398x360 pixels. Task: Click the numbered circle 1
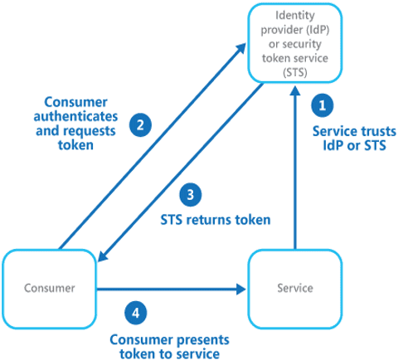(323, 105)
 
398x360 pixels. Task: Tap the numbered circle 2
(140, 125)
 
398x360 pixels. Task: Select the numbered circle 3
(191, 195)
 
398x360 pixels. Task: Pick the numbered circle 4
(135, 314)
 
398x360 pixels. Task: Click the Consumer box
(50, 289)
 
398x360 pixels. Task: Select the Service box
(295, 289)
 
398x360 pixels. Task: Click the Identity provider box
(295, 43)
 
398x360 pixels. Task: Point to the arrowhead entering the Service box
(241, 289)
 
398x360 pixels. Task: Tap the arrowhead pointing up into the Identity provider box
(295, 90)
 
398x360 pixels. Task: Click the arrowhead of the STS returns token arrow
(102, 256)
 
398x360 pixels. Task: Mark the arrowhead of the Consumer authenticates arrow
(240, 48)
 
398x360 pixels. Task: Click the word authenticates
(75, 116)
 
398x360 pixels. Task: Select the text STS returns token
(216, 220)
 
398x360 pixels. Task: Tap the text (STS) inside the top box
(295, 72)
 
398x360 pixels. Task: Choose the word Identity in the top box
(295, 15)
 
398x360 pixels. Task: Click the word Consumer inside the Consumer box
(50, 288)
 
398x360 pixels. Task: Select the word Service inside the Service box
(295, 288)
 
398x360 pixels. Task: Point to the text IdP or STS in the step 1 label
(354, 145)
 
